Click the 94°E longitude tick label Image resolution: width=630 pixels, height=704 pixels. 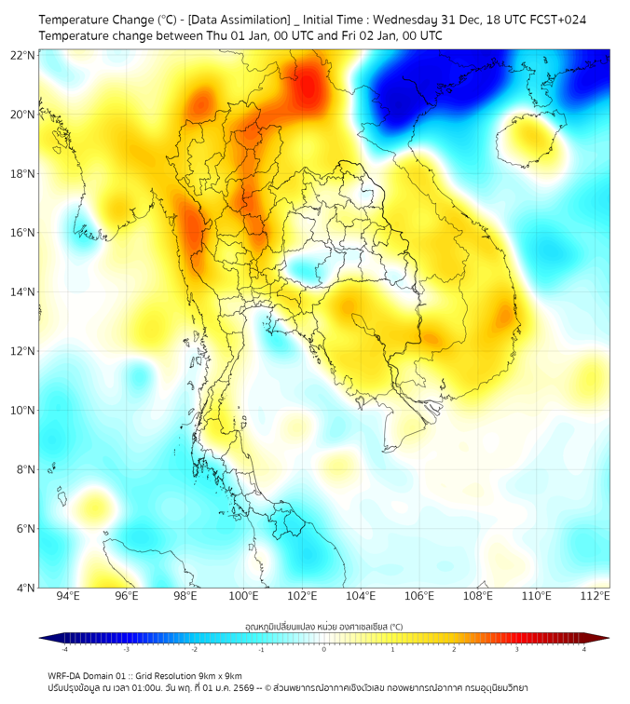coord(68,596)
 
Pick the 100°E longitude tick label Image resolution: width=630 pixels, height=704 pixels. coord(243,596)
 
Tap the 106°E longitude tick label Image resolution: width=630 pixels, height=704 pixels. coord(419,596)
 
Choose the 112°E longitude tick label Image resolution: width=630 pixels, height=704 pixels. coord(595,596)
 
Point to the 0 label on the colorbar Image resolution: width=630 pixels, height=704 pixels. coord(324,649)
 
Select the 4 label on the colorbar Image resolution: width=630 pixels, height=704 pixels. coord(583,649)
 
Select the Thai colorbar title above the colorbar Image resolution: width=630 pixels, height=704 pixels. coord(323,626)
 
